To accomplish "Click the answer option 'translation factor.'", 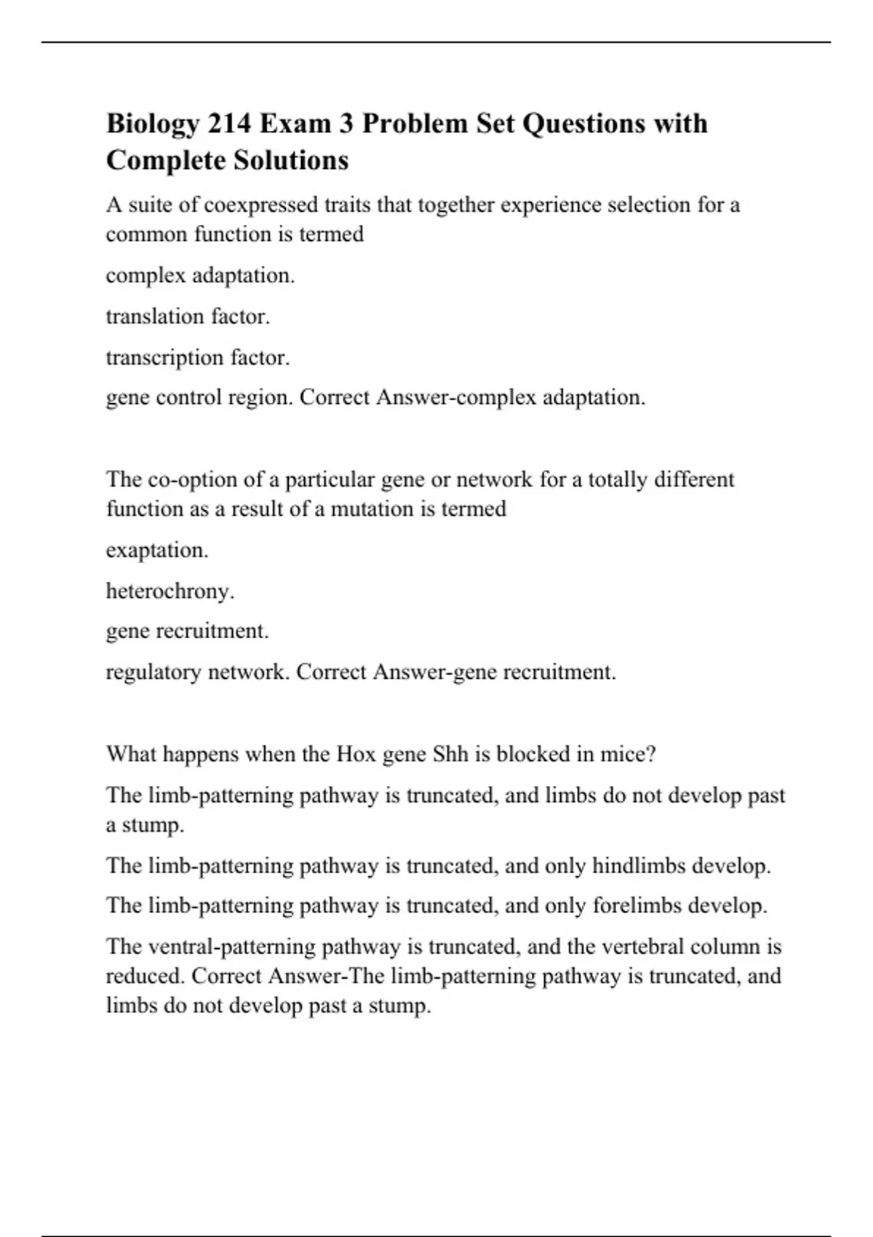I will click(x=188, y=317).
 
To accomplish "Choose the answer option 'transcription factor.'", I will click(x=198, y=357).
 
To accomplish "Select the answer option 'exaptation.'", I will click(x=157, y=550).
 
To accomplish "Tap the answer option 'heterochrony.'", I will click(x=170, y=591).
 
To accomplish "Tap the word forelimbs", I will click(x=637, y=906).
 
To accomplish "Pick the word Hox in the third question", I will click(x=355, y=754).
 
